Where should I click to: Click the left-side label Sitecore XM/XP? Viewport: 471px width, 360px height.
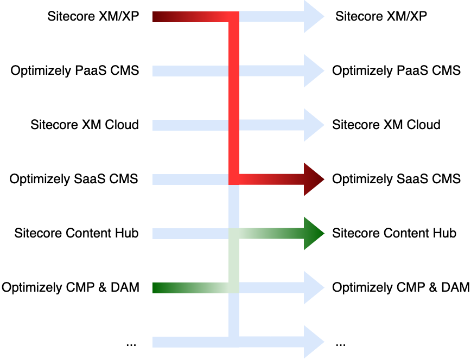pos(93,16)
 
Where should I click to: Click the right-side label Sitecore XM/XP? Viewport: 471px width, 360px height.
pos(381,16)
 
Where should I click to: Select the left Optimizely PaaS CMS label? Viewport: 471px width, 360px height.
pos(74,70)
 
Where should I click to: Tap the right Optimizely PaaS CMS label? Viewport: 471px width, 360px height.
pos(396,70)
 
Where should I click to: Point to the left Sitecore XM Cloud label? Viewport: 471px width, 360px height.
pos(84,125)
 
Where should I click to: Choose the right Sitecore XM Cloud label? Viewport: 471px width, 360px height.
pos(386,125)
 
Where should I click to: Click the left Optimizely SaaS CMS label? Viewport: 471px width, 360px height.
pos(74,179)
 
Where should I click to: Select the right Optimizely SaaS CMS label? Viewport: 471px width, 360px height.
pos(396,179)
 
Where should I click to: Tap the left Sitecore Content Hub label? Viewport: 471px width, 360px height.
pos(77,233)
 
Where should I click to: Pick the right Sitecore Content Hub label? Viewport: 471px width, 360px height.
pos(394,233)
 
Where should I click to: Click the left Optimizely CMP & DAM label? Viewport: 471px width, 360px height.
pos(70,287)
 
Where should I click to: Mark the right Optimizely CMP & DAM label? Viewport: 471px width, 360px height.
pos(400,287)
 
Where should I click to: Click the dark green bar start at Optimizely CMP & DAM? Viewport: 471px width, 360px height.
pos(160,287)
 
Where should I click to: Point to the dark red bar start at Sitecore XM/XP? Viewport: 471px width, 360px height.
pos(160,17)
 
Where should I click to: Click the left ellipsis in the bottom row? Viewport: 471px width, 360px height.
pos(131,344)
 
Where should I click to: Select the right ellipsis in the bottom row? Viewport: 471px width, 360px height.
pos(340,344)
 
